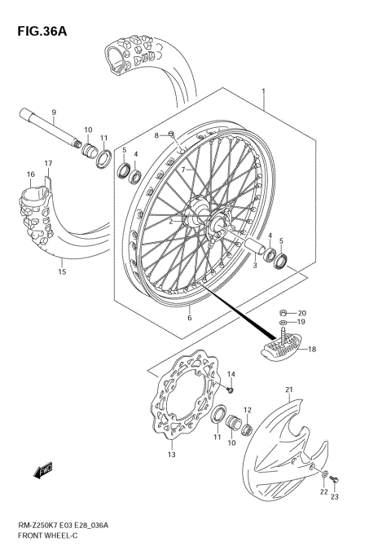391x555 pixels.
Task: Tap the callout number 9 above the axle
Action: click(54, 112)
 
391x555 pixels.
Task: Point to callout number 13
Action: click(172, 455)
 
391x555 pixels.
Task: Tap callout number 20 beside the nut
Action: click(302, 313)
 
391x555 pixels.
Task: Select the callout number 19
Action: click(302, 324)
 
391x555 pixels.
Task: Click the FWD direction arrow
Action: click(43, 469)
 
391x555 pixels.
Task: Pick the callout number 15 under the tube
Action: click(61, 272)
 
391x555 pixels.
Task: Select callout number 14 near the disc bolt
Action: click(231, 373)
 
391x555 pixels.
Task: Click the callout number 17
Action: click(48, 163)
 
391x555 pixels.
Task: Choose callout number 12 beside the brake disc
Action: click(247, 410)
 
